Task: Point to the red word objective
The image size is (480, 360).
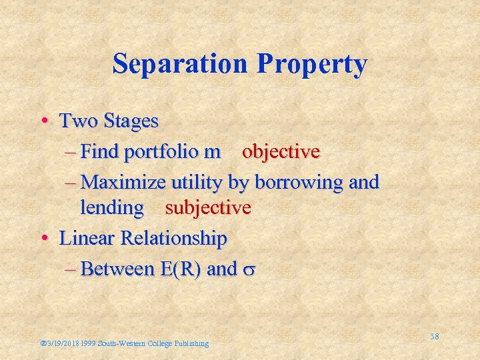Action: coord(281,152)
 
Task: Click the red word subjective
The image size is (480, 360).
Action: coord(208,208)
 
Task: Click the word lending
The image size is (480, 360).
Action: coord(112,208)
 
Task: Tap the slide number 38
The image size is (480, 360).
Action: coord(434,337)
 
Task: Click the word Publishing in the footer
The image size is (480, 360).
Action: coord(191,344)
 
